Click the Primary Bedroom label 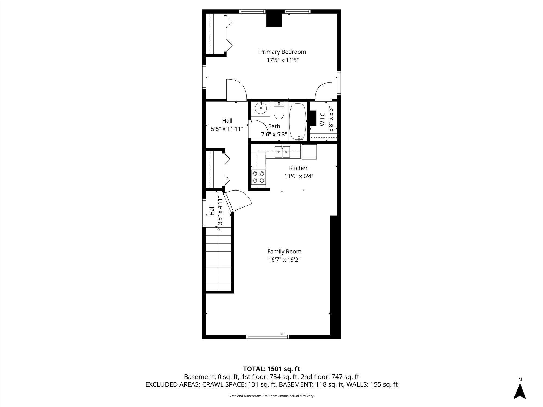[x=282, y=52]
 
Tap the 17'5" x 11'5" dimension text [x=282, y=60]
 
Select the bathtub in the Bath [x=298, y=121]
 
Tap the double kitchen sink [x=282, y=152]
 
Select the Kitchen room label [x=299, y=168]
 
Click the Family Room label [x=284, y=252]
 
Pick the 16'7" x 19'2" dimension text [x=284, y=260]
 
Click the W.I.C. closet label [x=322, y=119]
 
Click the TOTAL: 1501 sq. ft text [x=271, y=369]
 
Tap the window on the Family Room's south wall [x=267, y=337]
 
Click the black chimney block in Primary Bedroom [x=274, y=20]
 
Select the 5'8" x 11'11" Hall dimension [x=227, y=129]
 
